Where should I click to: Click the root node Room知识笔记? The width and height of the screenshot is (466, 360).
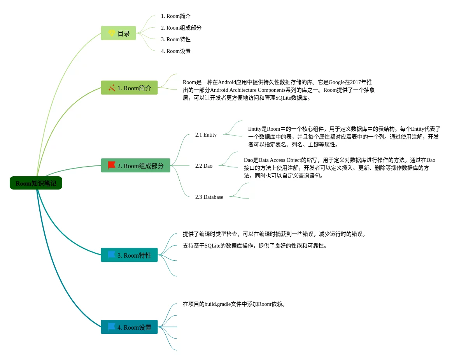coord(36,183)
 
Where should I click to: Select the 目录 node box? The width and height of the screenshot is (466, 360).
coord(118,33)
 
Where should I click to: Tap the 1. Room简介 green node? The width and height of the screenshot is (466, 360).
coord(129,88)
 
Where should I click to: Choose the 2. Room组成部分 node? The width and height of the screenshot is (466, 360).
coord(135,165)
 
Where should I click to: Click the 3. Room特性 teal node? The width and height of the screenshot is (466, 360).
coord(129,255)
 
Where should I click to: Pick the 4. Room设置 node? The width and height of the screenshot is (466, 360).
coord(129,327)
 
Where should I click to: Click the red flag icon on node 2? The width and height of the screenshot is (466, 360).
coord(112,165)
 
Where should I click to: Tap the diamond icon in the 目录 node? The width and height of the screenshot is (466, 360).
coord(112,33)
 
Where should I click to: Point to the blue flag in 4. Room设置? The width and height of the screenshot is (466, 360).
coord(112,327)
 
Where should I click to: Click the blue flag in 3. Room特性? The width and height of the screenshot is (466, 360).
coord(112,255)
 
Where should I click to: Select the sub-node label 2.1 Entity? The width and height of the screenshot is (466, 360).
coord(206,135)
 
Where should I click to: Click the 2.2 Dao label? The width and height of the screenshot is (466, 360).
coord(204,166)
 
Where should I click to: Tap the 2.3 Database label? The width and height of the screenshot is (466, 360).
coord(209,197)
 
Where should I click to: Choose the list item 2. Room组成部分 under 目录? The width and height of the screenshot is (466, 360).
coord(181,28)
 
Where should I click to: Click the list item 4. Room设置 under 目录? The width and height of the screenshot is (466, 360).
coord(176,51)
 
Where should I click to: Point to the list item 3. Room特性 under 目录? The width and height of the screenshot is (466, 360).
coord(176,39)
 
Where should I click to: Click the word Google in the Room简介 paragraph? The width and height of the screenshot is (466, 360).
coord(336,83)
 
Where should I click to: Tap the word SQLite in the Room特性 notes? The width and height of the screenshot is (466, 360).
coord(212,246)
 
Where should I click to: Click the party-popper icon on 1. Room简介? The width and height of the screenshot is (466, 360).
coord(112,88)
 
